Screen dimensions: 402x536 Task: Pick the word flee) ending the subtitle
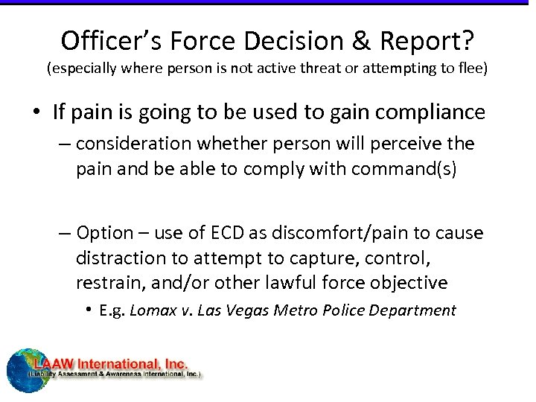[x=469, y=69]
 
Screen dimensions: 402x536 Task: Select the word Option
[x=104, y=233]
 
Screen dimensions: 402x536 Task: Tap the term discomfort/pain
[x=329, y=233]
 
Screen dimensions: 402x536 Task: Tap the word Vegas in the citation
[x=244, y=310]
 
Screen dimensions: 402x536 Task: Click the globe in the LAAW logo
[x=27, y=370]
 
